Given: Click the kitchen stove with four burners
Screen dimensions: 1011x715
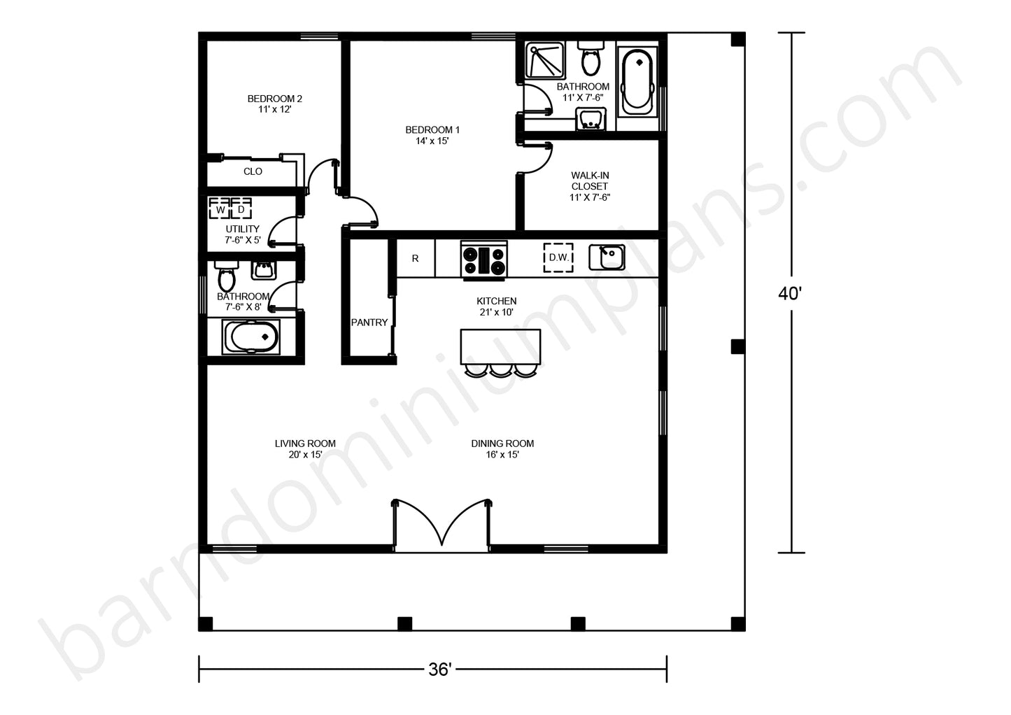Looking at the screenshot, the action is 484,259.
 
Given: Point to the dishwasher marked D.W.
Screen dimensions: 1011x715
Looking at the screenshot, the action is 558,257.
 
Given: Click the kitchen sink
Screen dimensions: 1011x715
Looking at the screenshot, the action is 607,257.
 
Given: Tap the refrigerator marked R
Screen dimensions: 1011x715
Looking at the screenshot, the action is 415,258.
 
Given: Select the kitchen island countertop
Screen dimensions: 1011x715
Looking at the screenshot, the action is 500,347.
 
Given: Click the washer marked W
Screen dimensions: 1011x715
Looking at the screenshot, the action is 220,209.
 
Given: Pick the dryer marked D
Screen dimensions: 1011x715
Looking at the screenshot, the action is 241,209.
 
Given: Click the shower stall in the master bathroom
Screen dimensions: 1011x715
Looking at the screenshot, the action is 545,60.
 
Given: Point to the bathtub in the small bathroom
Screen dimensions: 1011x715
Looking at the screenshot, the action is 251,337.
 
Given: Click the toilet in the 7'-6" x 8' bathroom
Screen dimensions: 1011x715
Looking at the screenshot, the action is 226,276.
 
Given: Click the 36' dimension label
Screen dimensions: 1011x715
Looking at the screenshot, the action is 440,670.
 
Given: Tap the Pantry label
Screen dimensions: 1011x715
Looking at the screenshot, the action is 369,323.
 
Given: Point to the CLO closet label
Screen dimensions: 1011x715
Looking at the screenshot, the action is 253,171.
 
